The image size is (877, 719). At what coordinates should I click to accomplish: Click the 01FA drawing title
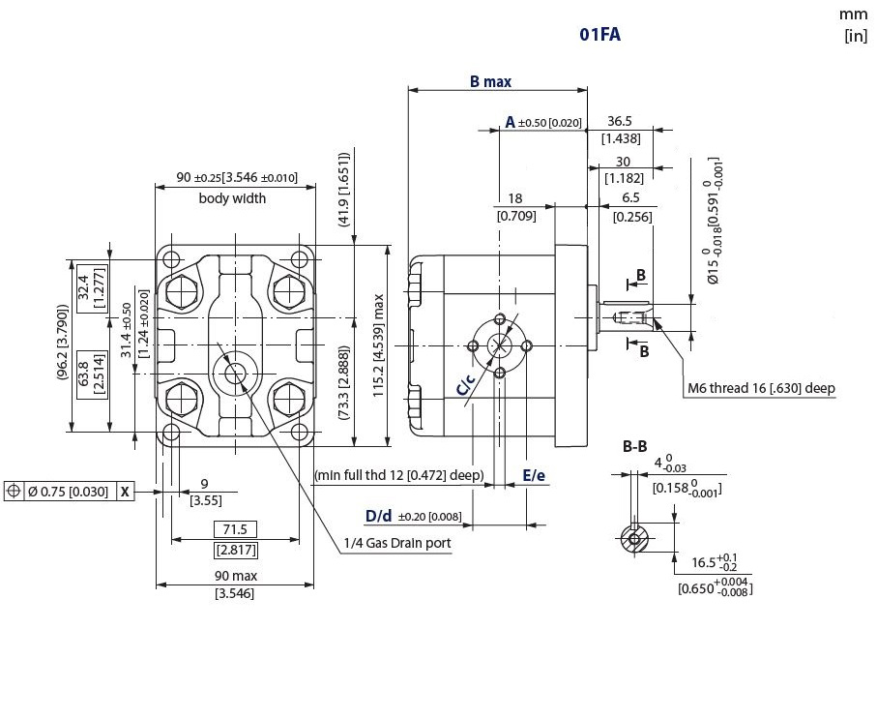(599, 34)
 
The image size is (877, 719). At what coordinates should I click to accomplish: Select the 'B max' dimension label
(490, 81)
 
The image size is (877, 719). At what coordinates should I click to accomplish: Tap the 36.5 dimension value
(620, 121)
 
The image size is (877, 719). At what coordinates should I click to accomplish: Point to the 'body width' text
(232, 198)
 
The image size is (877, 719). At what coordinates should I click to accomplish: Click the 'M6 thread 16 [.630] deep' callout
(761, 388)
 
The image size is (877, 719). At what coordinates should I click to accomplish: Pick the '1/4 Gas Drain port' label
(397, 543)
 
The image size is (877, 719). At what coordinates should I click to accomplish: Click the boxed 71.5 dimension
(236, 529)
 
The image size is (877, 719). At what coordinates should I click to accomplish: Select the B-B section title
(635, 446)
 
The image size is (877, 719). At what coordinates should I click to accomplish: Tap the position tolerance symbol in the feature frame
(14, 491)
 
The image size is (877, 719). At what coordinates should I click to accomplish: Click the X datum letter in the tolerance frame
(126, 492)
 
